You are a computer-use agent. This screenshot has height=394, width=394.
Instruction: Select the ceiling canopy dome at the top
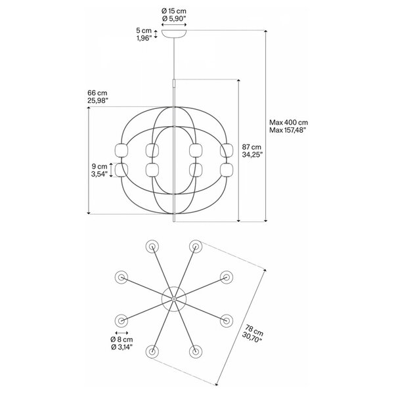[x=174, y=33]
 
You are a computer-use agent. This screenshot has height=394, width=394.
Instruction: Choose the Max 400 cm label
[x=289, y=122]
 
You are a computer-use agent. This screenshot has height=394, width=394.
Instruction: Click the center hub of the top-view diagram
[x=174, y=299]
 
